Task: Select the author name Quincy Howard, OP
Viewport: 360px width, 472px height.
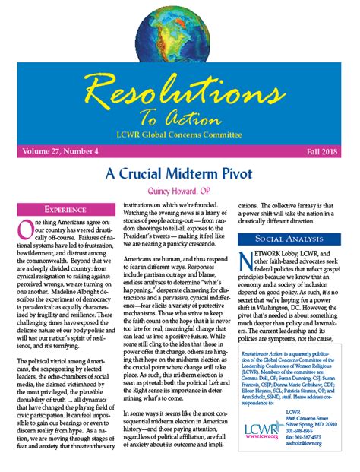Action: click(x=179, y=190)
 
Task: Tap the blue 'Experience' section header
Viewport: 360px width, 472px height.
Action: click(x=64, y=208)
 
